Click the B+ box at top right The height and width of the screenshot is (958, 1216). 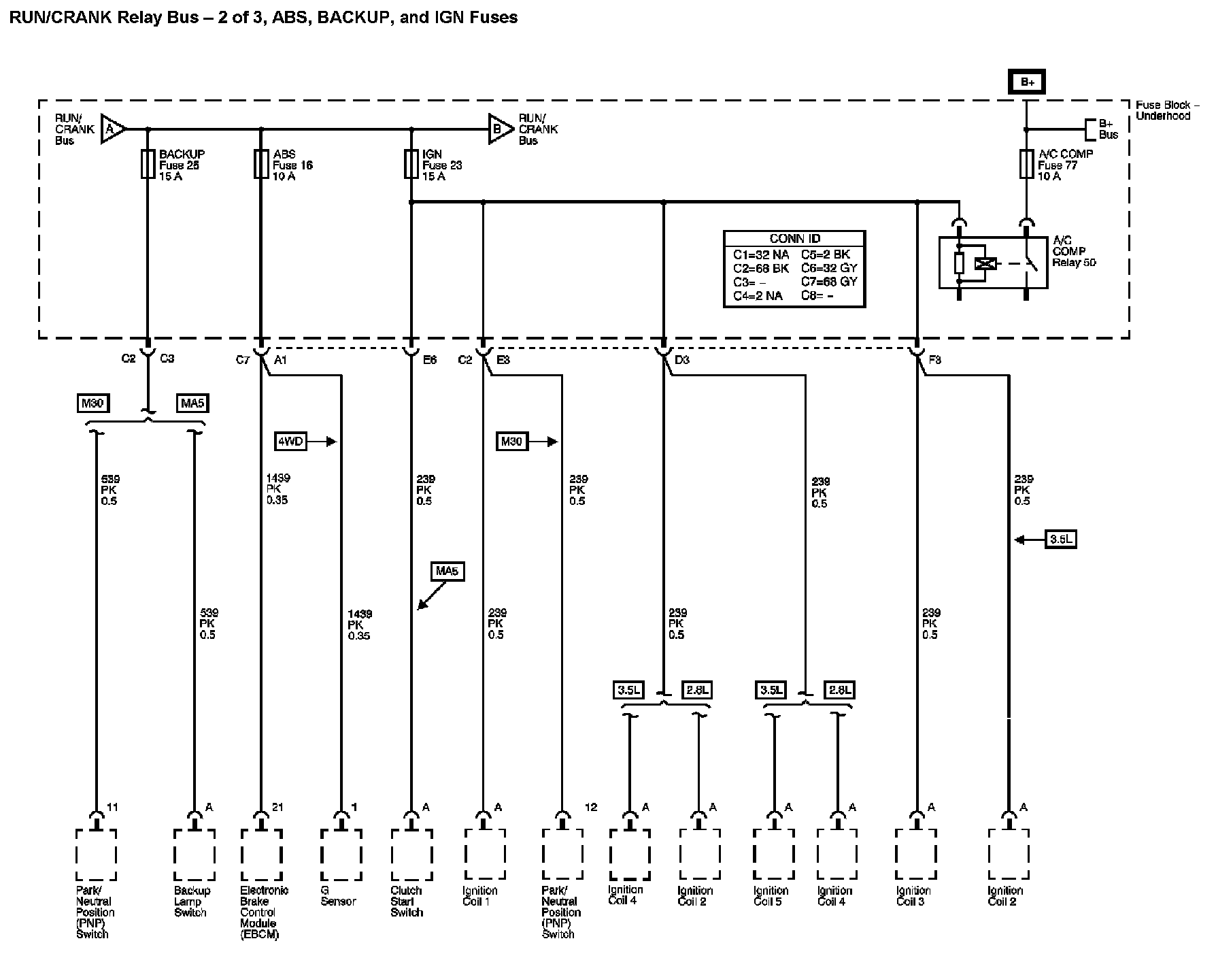[x=1027, y=82]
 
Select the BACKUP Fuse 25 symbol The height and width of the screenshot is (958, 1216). [x=148, y=165]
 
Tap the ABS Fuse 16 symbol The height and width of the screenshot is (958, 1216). [x=261, y=165]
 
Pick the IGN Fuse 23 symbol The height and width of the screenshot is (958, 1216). [x=411, y=165]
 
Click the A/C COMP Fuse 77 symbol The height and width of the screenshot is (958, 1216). [x=1026, y=165]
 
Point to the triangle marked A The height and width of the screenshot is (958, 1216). [x=112, y=129]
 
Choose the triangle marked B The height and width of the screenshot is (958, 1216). [x=500, y=129]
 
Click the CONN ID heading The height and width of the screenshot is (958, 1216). [x=794, y=239]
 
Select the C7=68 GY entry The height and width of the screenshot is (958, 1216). [x=829, y=281]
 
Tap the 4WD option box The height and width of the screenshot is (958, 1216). [x=290, y=442]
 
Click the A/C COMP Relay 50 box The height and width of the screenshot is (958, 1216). [x=993, y=263]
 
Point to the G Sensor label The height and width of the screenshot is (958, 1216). [x=338, y=896]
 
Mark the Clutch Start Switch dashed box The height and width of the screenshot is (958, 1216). [x=411, y=855]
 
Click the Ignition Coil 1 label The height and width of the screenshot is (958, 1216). [x=480, y=896]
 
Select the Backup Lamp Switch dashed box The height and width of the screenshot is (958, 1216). [x=195, y=855]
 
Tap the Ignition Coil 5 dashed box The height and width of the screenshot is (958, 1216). [x=774, y=855]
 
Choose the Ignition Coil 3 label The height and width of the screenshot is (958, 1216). [x=913, y=896]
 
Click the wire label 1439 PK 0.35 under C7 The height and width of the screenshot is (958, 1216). [x=277, y=489]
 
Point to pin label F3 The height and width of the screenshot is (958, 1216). [x=935, y=360]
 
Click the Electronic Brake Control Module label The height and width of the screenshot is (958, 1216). [x=264, y=912]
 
